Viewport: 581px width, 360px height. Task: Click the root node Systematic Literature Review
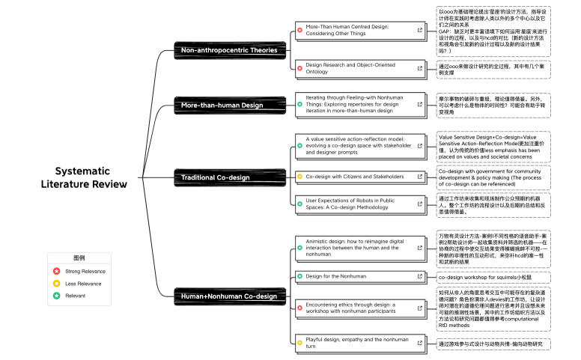click(84, 177)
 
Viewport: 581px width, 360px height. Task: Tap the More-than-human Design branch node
click(222, 105)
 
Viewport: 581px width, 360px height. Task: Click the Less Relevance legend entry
click(83, 284)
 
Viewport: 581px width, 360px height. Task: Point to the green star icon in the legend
click(56, 296)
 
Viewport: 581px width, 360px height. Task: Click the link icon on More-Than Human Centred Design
click(421, 29)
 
